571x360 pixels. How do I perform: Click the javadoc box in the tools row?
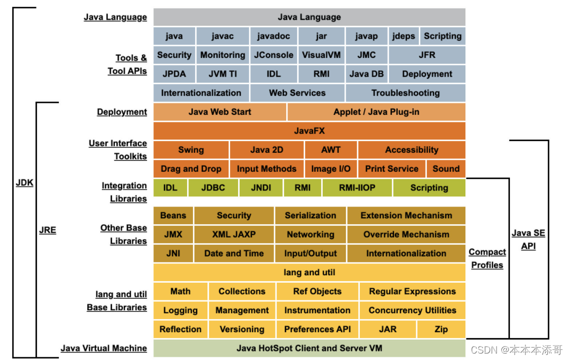273,36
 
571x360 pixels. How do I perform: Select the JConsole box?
273,55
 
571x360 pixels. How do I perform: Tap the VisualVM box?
321,55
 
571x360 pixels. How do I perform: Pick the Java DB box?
366,74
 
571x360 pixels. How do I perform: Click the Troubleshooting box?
405,93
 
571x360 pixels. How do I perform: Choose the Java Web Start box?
220,112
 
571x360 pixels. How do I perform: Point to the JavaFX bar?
309,130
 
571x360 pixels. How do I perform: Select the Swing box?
191,150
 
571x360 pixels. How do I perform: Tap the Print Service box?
391,168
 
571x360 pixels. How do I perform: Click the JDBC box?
213,188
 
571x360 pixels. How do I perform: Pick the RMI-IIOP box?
357,188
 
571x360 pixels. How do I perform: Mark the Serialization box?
310,215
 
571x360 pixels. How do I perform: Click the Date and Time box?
234,253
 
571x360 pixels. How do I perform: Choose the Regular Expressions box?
412,291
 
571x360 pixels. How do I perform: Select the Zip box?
441,329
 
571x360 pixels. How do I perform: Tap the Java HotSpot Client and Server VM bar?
309,348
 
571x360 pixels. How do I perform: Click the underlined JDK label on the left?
24,183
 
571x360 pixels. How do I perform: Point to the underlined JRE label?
48,231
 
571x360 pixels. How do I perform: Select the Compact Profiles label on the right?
487,258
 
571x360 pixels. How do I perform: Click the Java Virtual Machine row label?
103,348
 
